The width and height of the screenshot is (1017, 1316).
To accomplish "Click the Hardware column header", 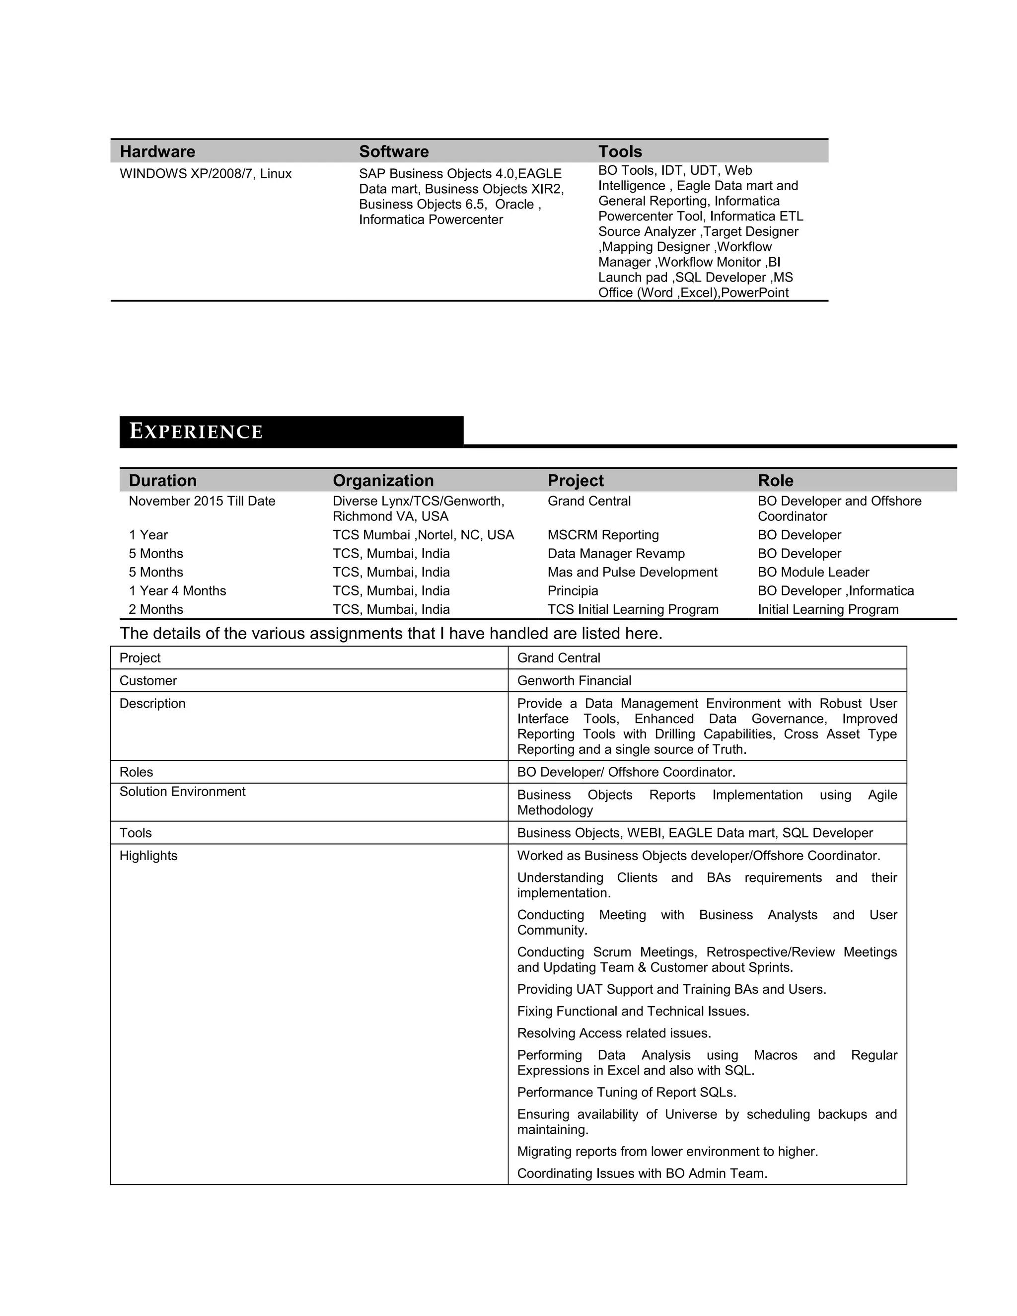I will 157,151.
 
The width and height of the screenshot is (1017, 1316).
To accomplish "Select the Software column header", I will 393,151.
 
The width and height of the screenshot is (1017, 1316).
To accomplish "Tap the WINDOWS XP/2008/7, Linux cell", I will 206,173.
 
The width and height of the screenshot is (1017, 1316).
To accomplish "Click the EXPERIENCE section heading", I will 197,432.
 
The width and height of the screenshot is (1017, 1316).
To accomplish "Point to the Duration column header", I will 163,480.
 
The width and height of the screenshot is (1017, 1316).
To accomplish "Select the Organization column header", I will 383,480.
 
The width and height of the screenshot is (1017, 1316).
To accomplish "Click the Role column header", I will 775,480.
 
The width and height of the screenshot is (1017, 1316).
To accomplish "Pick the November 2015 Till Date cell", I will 202,501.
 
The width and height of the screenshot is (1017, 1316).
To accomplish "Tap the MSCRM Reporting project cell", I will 603,534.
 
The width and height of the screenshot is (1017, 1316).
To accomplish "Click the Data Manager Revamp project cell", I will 616,553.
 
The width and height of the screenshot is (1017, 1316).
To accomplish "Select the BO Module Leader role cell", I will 813,572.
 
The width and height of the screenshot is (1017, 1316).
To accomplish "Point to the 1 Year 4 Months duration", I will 177,590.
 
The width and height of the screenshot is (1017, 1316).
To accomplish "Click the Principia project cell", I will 573,590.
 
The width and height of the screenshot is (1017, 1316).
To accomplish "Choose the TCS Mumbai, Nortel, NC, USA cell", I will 423,534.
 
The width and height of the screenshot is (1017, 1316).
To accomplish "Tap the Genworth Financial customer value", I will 574,680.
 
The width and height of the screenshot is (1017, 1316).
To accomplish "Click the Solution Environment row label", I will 182,791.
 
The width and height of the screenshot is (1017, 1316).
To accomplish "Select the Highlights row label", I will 148,855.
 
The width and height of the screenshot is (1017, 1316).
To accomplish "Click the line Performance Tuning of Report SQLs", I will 627,1092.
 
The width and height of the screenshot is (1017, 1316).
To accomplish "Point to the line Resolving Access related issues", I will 614,1033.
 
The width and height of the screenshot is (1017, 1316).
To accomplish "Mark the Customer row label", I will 147,680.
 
